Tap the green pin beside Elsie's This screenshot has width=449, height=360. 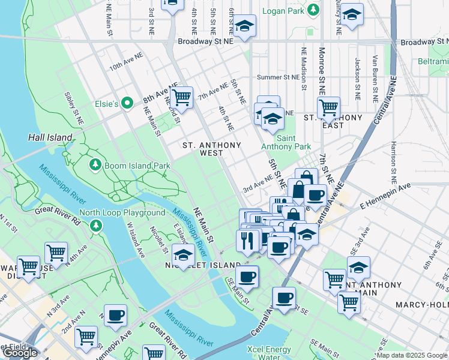(x=127, y=103)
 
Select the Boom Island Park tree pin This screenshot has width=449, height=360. (x=94, y=164)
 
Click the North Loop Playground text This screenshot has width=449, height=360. (x=122, y=212)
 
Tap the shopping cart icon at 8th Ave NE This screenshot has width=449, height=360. (x=181, y=97)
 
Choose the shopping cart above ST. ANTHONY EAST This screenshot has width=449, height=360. (x=328, y=108)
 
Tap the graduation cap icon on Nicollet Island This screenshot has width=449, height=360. (x=184, y=253)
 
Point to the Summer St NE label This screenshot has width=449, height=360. (x=277, y=77)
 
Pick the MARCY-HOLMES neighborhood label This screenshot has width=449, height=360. (x=421, y=305)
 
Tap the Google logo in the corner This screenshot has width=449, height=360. (x=20, y=353)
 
